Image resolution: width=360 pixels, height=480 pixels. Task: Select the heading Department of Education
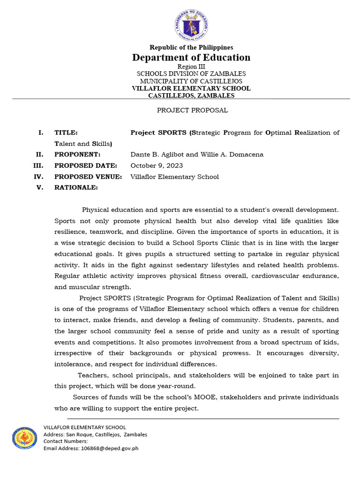[x=191, y=58]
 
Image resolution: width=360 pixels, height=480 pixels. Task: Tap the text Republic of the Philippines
[x=191, y=47]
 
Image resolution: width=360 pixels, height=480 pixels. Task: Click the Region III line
[x=191, y=67]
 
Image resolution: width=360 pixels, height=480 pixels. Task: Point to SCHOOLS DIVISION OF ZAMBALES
[x=191, y=74]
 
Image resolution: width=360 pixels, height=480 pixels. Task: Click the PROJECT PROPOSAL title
[x=192, y=111]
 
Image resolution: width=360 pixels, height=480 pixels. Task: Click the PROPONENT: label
[x=77, y=155]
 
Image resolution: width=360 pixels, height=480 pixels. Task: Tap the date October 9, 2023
[x=157, y=166]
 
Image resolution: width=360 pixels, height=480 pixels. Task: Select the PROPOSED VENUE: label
[x=88, y=177]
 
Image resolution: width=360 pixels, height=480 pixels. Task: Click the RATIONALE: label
[x=76, y=188]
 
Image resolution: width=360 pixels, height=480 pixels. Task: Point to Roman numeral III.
[x=39, y=166]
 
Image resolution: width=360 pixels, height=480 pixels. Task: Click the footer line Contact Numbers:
[x=66, y=441]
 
